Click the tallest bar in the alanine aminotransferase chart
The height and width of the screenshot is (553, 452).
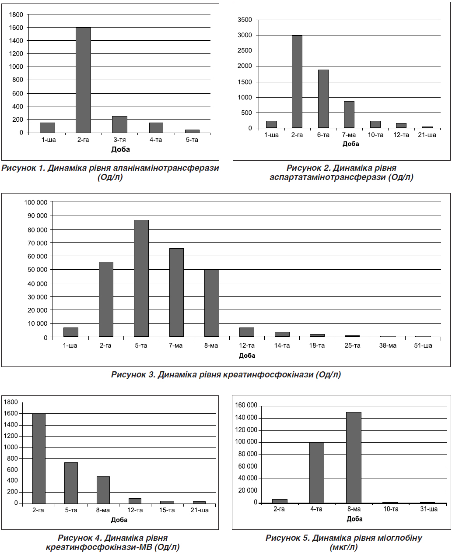pos(83,80)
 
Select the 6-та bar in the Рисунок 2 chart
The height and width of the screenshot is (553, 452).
pos(323,99)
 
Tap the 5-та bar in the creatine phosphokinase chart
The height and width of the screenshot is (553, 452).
pos(141,278)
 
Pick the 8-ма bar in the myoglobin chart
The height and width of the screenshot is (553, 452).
pos(354,458)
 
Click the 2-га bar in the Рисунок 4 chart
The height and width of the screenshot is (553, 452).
pos(39,458)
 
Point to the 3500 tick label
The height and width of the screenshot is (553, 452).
pos(245,20)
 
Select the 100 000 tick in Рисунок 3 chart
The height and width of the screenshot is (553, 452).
pos(36,202)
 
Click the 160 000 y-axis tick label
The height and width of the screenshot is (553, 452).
pos(246,405)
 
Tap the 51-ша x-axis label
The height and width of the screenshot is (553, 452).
pos(423,345)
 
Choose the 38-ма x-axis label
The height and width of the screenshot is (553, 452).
pos(388,345)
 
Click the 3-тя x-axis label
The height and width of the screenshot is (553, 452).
pos(119,140)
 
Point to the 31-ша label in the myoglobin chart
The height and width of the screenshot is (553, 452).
pos(429,509)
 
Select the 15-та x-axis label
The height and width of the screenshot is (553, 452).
pos(167,510)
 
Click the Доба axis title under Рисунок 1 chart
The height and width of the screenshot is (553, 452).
pos(120,149)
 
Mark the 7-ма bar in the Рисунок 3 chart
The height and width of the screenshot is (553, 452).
pos(176,292)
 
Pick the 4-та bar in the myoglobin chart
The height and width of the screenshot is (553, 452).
pos(316,473)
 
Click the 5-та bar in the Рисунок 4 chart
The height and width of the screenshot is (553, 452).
pos(71,483)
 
